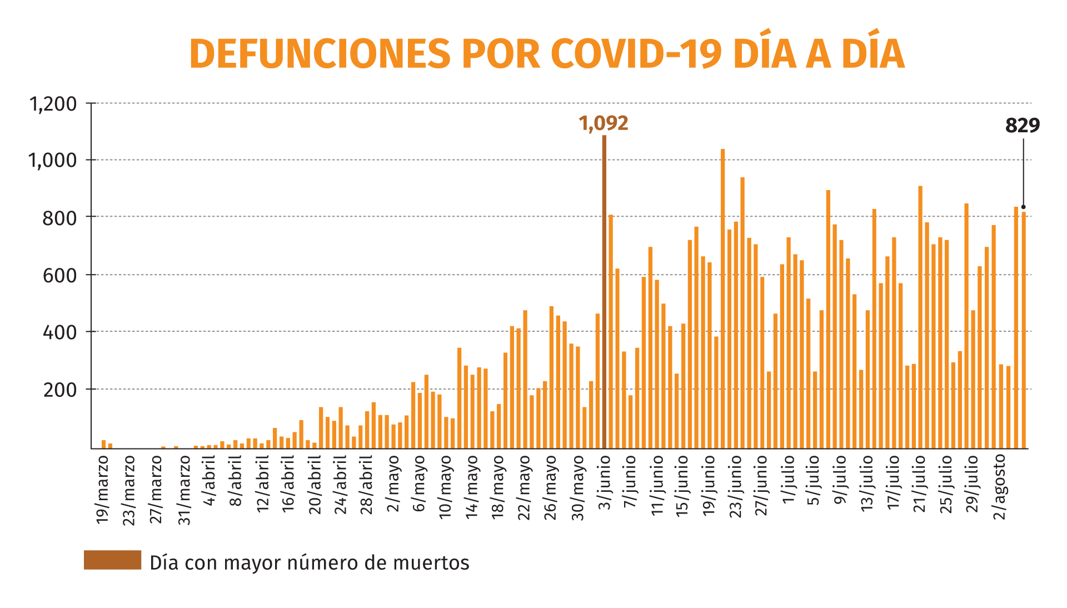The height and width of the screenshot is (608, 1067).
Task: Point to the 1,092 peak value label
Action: point(604,123)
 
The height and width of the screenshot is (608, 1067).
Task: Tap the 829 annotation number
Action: point(1023,126)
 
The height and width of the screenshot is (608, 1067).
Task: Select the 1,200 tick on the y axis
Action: point(53,104)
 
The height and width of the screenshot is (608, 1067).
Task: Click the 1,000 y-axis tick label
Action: point(53,161)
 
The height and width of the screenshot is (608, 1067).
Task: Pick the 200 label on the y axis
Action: point(59,390)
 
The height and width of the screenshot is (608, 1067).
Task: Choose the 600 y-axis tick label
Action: point(59,276)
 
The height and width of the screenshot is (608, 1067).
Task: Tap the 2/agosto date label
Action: point(1000,487)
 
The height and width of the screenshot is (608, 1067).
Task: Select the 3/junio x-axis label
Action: point(605,482)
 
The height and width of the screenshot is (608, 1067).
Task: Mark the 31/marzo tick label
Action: point(185,490)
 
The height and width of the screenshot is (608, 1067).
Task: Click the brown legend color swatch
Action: point(112,560)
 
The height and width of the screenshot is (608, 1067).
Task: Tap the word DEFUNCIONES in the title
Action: point(320,54)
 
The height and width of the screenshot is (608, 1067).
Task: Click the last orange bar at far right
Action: point(1024,330)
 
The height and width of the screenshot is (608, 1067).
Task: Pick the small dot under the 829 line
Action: point(1024,207)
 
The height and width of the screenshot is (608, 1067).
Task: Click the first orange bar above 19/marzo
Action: point(103,444)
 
